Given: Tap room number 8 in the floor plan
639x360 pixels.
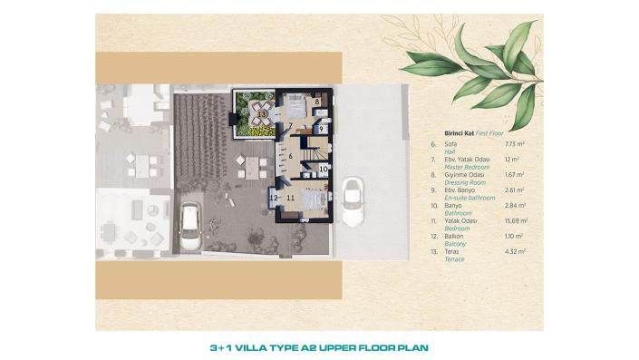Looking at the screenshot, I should click(x=317, y=103).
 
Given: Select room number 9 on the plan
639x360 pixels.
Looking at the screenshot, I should click(x=321, y=130).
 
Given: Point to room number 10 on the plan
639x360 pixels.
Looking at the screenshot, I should click(x=323, y=168).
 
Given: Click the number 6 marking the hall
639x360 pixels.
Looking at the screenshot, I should click(x=290, y=156).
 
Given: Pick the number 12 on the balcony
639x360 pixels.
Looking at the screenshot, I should click(x=274, y=196).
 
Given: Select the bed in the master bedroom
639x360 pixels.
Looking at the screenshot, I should click(x=296, y=105).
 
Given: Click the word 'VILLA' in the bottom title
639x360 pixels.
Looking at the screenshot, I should click(x=263, y=346).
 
